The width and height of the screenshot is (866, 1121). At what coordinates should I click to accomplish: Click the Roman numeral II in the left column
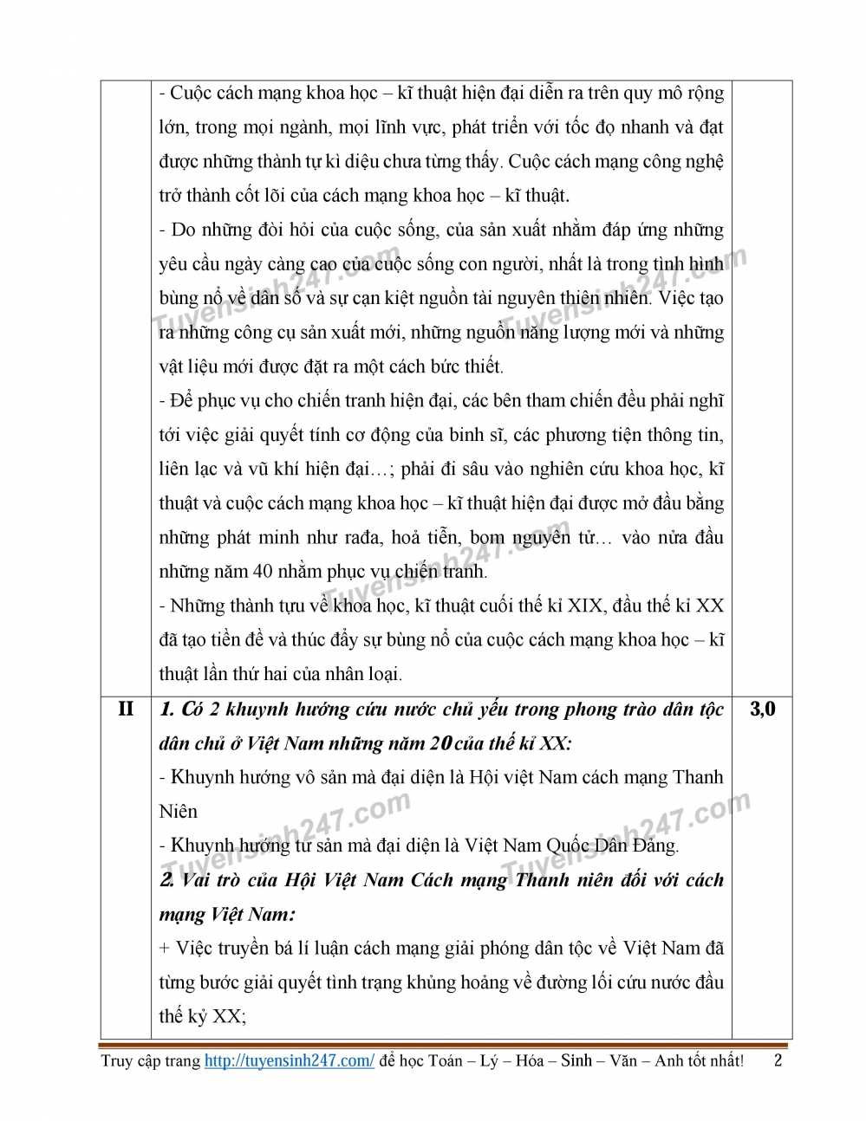point(126,709)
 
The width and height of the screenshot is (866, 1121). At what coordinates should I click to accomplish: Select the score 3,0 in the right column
point(762,709)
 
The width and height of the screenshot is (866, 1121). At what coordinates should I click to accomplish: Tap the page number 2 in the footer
point(778,1059)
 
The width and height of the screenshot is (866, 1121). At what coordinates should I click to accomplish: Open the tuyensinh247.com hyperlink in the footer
point(290,1060)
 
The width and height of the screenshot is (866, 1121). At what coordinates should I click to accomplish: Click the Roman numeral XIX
point(586,606)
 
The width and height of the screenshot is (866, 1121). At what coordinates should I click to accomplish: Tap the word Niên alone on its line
point(178,811)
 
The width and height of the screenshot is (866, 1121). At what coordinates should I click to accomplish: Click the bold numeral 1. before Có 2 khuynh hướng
point(167,709)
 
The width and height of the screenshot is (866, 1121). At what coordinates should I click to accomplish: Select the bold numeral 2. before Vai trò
point(167,879)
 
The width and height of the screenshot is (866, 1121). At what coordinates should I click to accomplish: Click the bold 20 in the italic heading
point(441,743)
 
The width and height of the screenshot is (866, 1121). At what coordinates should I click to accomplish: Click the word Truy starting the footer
point(117,1060)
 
